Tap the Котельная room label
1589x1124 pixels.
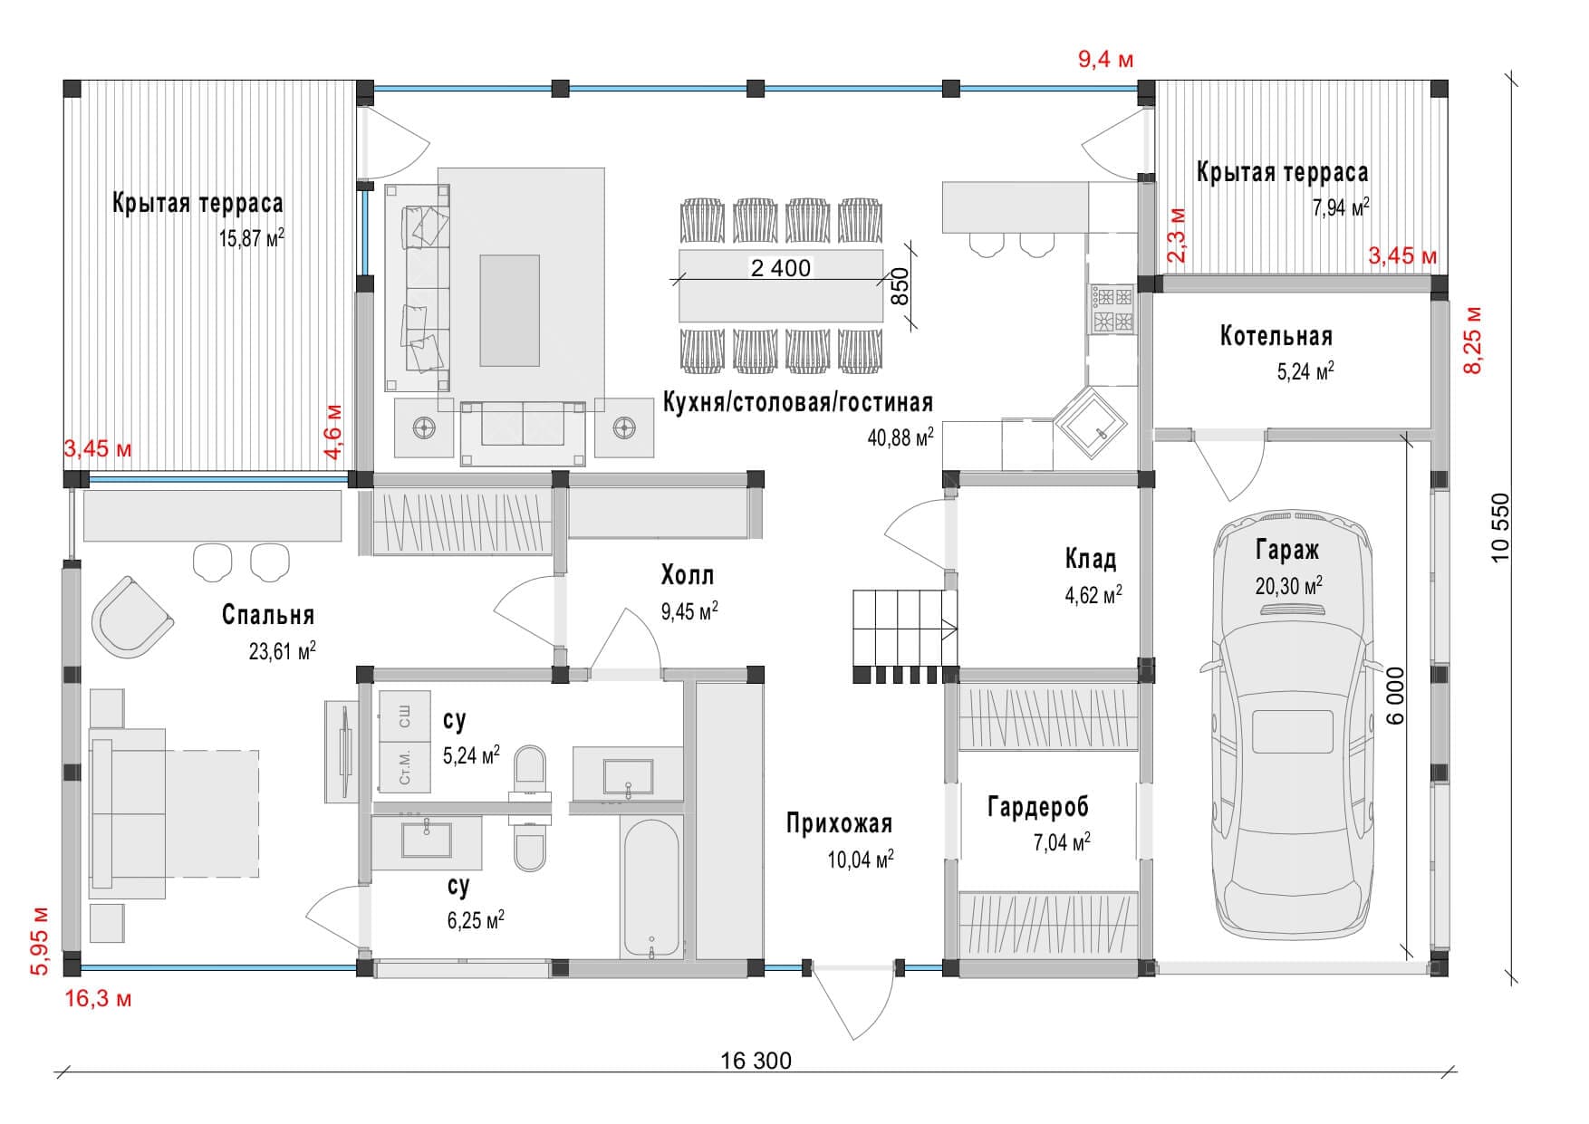coord(1276,337)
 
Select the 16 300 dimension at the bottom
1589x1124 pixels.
coord(756,1061)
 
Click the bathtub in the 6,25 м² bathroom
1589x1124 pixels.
coord(651,888)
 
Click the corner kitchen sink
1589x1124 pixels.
coord(1091,422)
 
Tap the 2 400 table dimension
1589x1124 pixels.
coord(780,268)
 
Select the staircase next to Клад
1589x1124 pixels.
coord(904,628)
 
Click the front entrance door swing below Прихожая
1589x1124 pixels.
coord(852,1001)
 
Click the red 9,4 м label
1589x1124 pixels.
coord(1105,60)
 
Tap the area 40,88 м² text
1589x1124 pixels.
coord(900,438)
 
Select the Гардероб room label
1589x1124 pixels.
coord(1037,806)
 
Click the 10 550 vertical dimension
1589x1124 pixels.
coord(1501,526)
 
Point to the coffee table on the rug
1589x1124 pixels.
coord(509,310)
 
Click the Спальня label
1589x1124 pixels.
coord(268,615)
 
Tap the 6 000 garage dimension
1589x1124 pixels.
coord(1395,696)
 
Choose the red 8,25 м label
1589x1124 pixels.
coord(1474,340)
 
